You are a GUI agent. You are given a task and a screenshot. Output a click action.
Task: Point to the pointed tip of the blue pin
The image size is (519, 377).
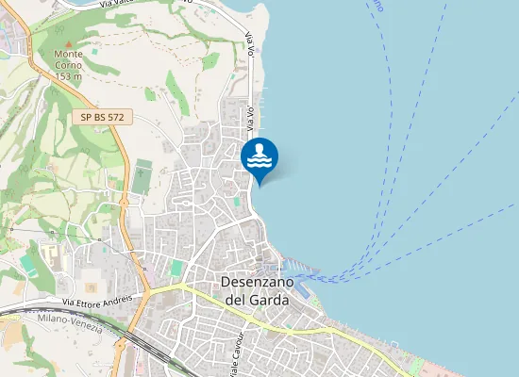pyautogui.click(x=259, y=185)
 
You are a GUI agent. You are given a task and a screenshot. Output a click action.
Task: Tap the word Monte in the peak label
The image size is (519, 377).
pyautogui.click(x=68, y=54)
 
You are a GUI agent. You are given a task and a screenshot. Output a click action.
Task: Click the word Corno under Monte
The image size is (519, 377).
pyautogui.click(x=68, y=65)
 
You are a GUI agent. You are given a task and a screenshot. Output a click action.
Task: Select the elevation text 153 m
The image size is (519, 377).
pyautogui.click(x=68, y=76)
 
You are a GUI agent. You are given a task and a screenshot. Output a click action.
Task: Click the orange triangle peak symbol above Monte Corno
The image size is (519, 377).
pyautogui.click(x=68, y=42)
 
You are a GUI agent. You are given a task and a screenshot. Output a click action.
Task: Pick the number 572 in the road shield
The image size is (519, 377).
pyautogui.click(x=117, y=118)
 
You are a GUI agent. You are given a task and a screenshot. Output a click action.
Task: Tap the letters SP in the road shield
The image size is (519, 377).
pyautogui.click(x=85, y=118)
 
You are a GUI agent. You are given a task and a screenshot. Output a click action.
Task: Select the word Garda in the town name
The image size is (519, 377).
pyautogui.click(x=271, y=300)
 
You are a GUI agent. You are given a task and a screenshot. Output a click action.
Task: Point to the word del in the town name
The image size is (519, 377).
pyautogui.click(x=236, y=300)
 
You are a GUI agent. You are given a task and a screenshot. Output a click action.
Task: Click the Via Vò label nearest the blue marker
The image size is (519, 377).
pyautogui.click(x=251, y=118)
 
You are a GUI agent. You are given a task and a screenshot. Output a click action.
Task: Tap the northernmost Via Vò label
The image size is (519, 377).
pyautogui.click(x=250, y=42)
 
